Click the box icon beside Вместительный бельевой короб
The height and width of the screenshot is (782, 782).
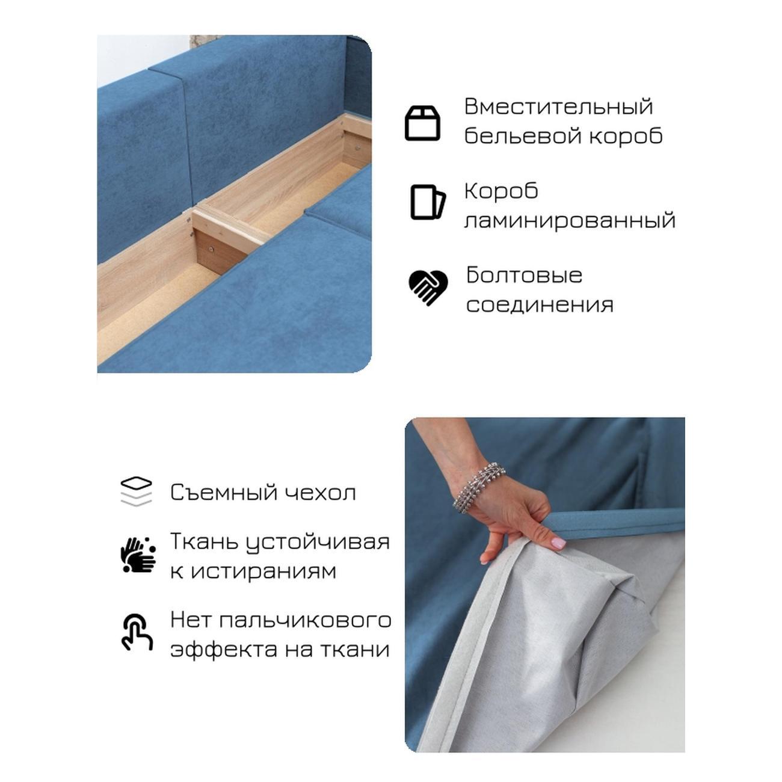(x=422, y=123)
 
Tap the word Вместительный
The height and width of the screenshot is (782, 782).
(x=558, y=106)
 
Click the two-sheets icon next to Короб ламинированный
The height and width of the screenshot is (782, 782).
(x=428, y=202)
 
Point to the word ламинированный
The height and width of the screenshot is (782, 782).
(x=570, y=221)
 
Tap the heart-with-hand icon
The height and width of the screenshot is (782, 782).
(x=428, y=288)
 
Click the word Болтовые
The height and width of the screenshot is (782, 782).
(x=524, y=275)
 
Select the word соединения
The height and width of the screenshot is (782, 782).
(x=540, y=305)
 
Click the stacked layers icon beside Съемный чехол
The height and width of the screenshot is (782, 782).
(x=136, y=492)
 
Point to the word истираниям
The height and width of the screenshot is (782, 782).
(x=263, y=571)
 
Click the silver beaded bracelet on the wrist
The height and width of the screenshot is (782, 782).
(x=479, y=487)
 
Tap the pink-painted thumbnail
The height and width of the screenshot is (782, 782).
(x=559, y=542)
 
